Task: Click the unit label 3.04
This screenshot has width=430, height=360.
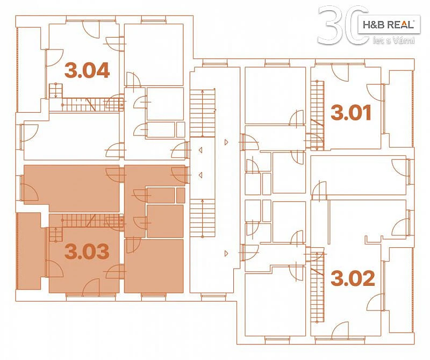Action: click(87, 70)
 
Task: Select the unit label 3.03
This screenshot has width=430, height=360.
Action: click(87, 251)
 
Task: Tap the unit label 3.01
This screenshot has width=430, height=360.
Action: click(351, 112)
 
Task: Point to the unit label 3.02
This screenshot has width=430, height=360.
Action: click(353, 278)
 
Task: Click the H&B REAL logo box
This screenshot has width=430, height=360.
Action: click(389, 24)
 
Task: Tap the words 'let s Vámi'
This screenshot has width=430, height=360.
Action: click(393, 41)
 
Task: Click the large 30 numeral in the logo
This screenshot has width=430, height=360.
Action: click(343, 25)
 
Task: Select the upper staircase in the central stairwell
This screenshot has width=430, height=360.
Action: click(203, 113)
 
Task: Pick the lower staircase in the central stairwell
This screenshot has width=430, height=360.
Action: click(203, 218)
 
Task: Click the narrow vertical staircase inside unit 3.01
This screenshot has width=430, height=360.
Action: click(318, 115)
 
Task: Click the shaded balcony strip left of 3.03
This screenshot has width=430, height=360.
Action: click(29, 251)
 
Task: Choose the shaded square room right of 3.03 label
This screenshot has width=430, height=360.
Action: click(154, 266)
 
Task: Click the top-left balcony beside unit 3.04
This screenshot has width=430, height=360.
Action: click(29, 69)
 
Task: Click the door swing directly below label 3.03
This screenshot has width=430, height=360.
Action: click(91, 286)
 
